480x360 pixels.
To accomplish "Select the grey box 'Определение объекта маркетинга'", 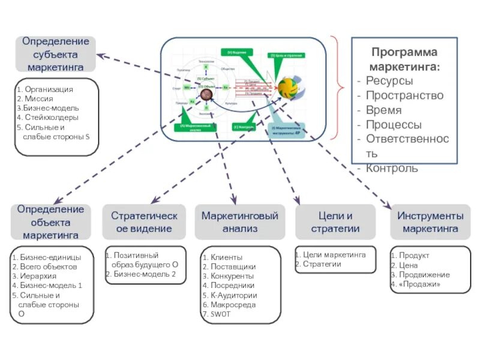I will (50, 222).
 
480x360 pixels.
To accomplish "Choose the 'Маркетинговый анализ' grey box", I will (239, 222).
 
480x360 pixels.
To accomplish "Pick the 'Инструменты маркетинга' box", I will (430, 222).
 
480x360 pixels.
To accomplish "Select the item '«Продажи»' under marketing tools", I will (419, 284).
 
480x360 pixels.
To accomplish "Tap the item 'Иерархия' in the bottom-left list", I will (38, 276).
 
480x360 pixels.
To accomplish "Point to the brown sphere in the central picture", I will (207, 94).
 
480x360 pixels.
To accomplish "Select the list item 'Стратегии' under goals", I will (322, 264).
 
